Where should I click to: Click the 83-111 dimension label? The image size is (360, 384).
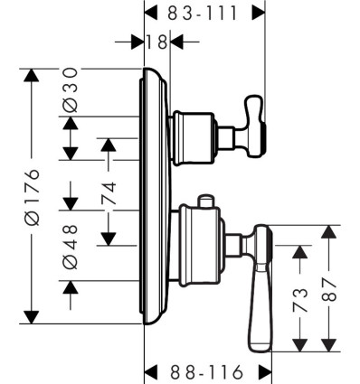pyautogui.click(x=202, y=14)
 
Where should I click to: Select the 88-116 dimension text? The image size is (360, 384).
pyautogui.click(x=206, y=372)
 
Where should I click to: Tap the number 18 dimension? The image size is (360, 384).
pyautogui.click(x=156, y=42)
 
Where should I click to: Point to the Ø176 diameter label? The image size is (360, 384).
pyautogui.click(x=33, y=197)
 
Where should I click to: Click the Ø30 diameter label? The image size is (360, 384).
pyautogui.click(x=71, y=89)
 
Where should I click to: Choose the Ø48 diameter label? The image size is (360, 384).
pyautogui.click(x=71, y=246)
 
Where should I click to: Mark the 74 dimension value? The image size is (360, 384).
pyautogui.click(x=109, y=193)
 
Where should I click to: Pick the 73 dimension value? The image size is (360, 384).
pyautogui.click(x=300, y=300)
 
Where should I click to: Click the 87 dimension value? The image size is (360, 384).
pyautogui.click(x=328, y=290)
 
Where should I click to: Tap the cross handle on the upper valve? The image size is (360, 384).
pyautogui.click(x=256, y=126)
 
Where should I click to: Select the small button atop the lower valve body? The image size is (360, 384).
pyautogui.click(x=205, y=201)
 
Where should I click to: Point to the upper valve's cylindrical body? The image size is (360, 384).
pyautogui.click(x=194, y=138)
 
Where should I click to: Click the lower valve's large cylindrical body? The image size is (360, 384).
pyautogui.click(x=200, y=245)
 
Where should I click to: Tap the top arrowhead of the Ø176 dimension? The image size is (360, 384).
pyautogui.click(x=32, y=75)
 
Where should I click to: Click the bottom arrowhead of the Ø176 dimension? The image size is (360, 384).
pyautogui.click(x=32, y=317)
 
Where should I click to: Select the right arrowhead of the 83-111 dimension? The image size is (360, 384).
pyautogui.click(x=259, y=14)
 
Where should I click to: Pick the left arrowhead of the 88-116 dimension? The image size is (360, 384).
pyautogui.click(x=151, y=371)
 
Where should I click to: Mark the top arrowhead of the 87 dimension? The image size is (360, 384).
pyautogui.click(x=328, y=231)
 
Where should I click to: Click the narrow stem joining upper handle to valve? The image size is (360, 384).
pyautogui.click(x=226, y=138)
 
